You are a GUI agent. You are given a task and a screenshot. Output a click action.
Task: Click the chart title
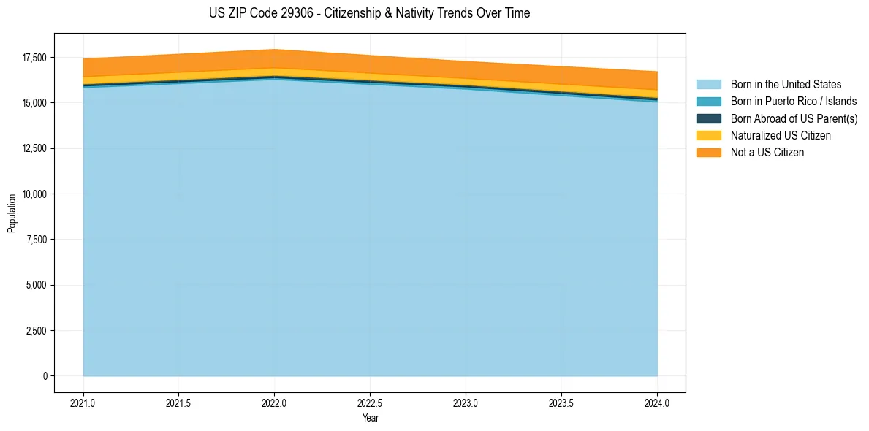[x=369, y=13]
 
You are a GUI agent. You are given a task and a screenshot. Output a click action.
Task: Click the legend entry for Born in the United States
[x=786, y=85]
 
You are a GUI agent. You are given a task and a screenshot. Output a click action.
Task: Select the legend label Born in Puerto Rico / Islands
[x=794, y=102]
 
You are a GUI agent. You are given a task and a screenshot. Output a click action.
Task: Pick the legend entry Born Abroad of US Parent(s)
[x=794, y=118]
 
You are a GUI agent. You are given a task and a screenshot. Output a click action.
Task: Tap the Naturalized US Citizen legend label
[x=781, y=136]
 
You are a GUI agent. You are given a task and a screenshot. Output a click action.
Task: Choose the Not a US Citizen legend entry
[x=767, y=153]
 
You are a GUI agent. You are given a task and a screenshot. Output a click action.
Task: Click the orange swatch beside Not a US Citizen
[x=708, y=153]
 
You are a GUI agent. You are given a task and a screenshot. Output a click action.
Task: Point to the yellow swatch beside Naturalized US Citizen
[x=708, y=136]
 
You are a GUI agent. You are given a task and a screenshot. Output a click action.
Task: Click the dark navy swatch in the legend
[x=708, y=118]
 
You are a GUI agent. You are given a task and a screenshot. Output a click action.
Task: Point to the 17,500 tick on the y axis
[x=34, y=58]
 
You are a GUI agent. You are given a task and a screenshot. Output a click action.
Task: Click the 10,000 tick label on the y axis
[x=34, y=194]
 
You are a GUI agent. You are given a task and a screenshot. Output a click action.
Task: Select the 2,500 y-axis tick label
[x=36, y=331]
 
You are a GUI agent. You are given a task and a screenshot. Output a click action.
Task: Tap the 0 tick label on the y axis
[x=45, y=376]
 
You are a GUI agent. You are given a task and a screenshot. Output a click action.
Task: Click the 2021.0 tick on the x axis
[x=83, y=403]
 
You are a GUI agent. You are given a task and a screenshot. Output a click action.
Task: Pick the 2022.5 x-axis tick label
[x=371, y=403]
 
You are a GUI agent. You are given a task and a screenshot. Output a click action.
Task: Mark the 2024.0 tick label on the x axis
[x=657, y=403]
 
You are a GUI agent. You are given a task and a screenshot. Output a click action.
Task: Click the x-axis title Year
[x=371, y=418]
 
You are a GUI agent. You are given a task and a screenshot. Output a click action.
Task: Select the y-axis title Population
[x=12, y=213]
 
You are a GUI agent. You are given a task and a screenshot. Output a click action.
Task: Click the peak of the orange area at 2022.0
[x=275, y=50]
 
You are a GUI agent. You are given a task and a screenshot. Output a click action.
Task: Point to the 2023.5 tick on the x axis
[x=561, y=403]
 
